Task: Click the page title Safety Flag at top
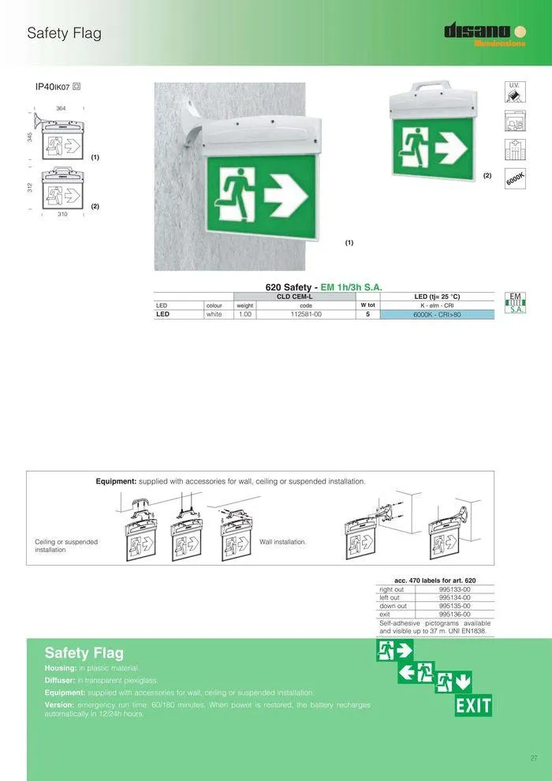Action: [x=64, y=33]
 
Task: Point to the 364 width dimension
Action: [x=61, y=108]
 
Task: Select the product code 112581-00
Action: [x=306, y=314]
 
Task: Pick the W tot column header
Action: [x=367, y=305]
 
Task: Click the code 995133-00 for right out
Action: [x=454, y=589]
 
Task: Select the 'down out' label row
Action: [x=393, y=606]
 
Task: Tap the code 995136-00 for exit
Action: [x=454, y=614]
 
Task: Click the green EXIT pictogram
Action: [x=473, y=705]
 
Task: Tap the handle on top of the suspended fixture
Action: [x=431, y=82]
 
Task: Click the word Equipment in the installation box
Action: [x=116, y=480]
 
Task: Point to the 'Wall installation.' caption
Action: [x=283, y=542]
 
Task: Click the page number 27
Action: [x=533, y=758]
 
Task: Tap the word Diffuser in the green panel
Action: [x=60, y=680]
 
